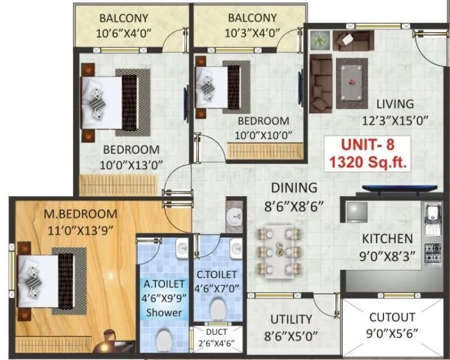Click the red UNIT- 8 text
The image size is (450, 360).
[x=367, y=144]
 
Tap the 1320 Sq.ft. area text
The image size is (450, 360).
[x=367, y=162]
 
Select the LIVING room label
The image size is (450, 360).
[x=395, y=104]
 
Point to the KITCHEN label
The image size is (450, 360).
[x=387, y=238]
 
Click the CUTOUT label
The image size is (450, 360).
[x=392, y=317]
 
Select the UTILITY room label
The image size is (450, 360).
[x=291, y=319]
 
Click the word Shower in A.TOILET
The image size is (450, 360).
[x=164, y=312]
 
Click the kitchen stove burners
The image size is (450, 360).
[x=431, y=253]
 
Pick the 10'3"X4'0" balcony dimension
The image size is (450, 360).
[x=252, y=33]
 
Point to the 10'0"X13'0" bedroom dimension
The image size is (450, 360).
[x=131, y=164]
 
